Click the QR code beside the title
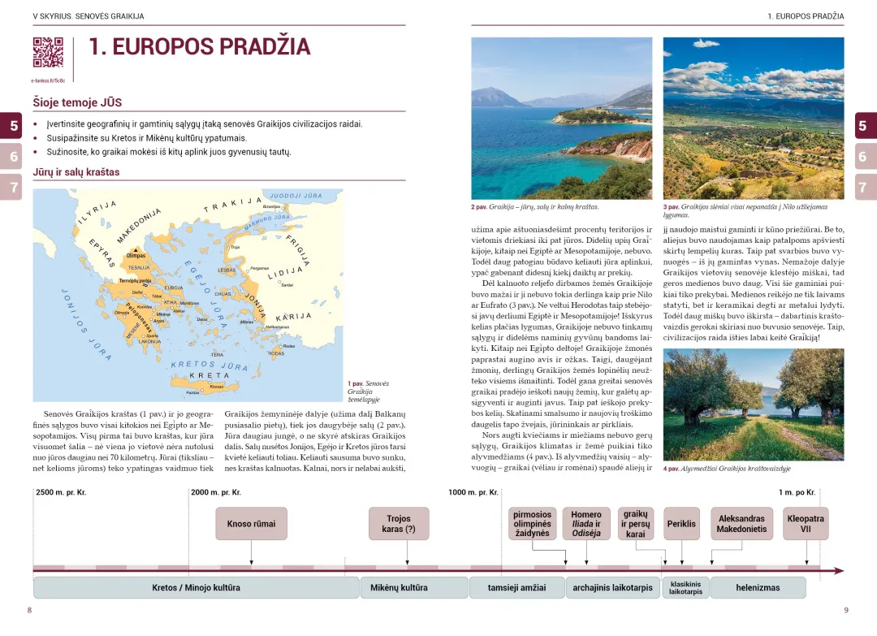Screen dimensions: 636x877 click(x=48, y=52)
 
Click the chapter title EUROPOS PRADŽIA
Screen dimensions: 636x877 click(x=199, y=47)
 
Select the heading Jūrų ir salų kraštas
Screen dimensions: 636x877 click(x=76, y=172)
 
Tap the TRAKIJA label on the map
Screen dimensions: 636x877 click(x=232, y=203)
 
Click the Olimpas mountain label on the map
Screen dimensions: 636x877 click(x=136, y=255)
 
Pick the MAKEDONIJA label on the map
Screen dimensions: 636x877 click(x=139, y=225)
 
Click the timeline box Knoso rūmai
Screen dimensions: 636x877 click(x=251, y=524)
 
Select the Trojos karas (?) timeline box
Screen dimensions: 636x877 click(x=399, y=524)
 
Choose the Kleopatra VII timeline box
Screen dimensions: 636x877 click(x=806, y=524)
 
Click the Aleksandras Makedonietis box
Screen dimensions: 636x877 click(x=741, y=524)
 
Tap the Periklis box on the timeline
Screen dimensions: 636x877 click(x=681, y=524)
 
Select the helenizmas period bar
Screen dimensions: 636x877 click(x=758, y=587)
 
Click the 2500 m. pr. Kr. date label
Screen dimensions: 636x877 click(x=61, y=492)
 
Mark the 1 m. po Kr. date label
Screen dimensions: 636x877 click(x=797, y=492)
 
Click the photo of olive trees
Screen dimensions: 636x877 click(x=753, y=405)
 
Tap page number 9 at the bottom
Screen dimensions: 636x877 click(x=845, y=610)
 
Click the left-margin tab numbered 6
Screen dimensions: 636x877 click(x=14, y=156)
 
